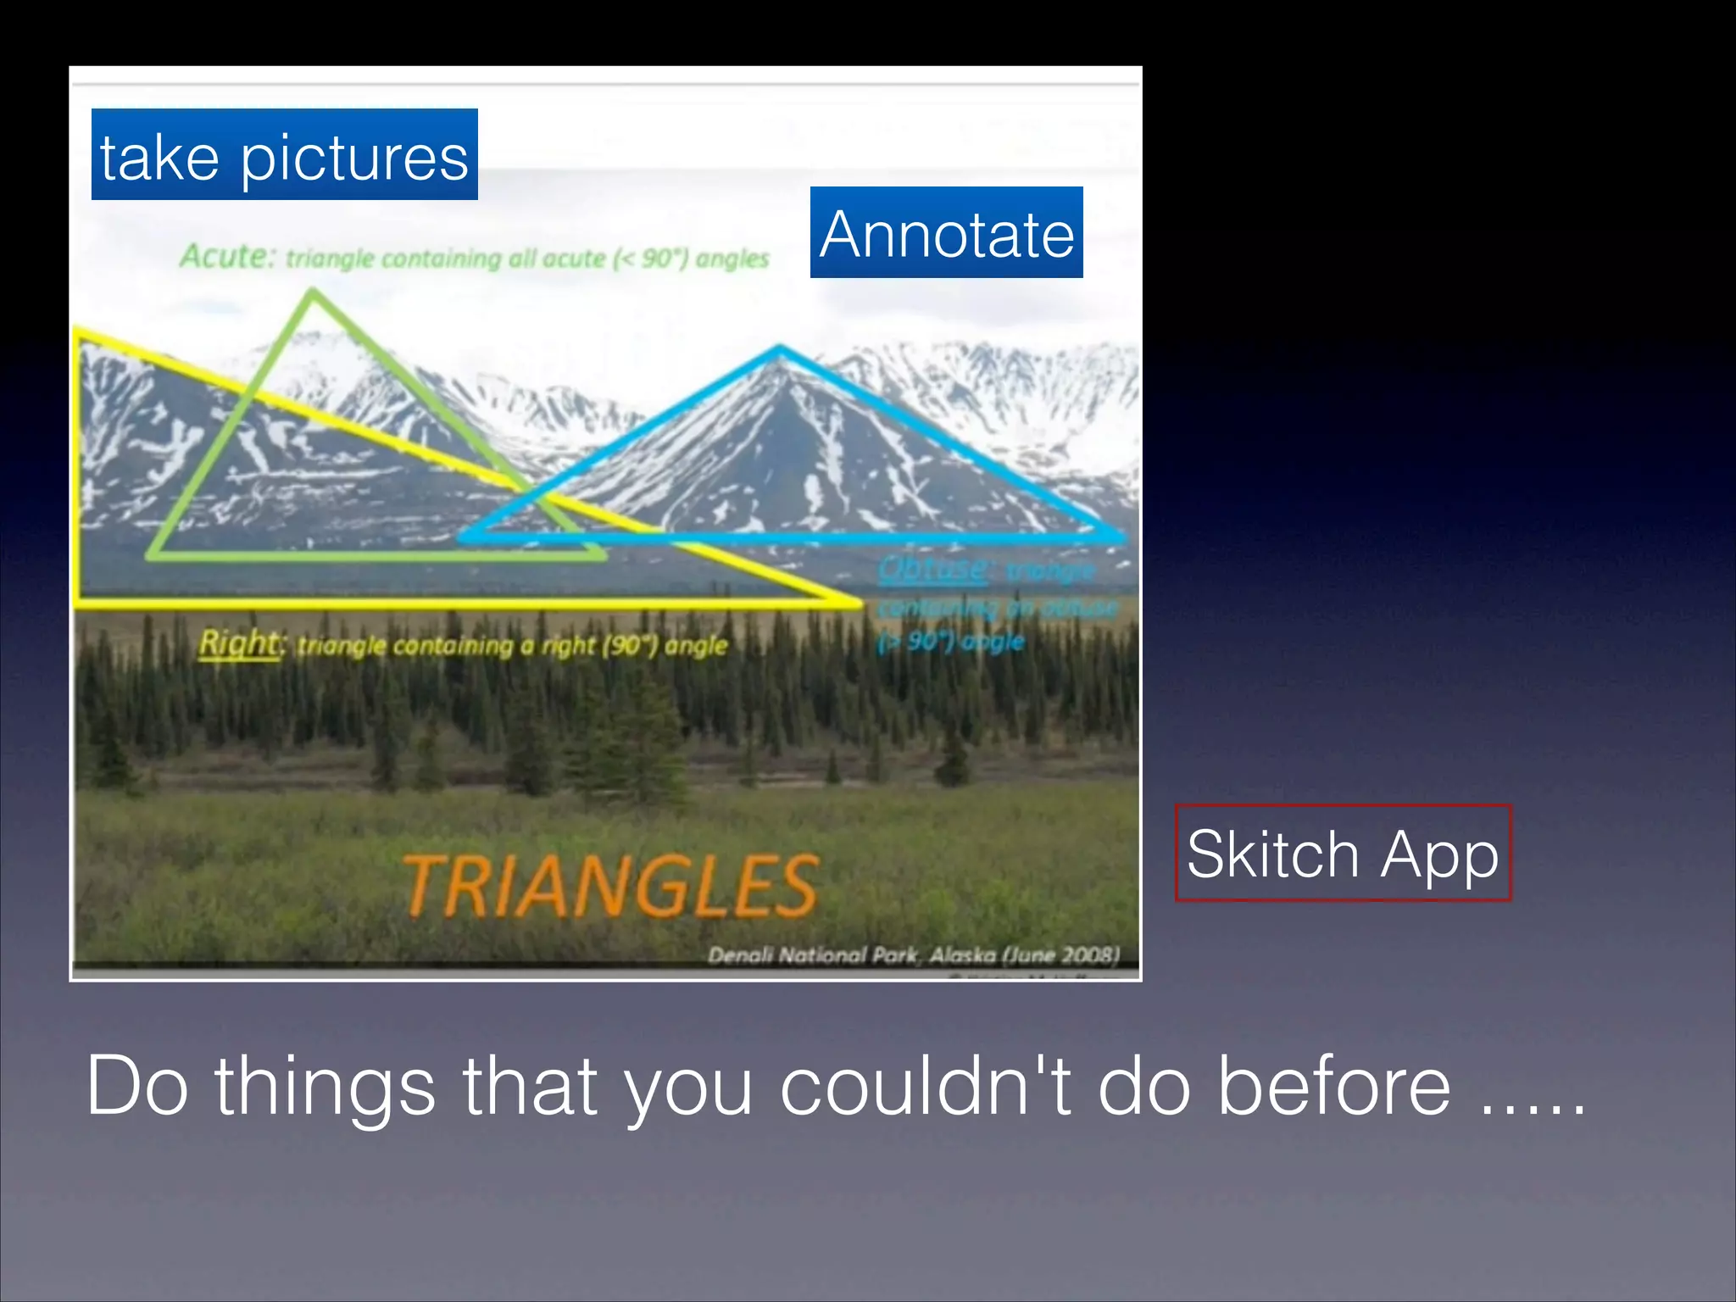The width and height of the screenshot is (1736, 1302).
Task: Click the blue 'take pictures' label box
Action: coord(284,154)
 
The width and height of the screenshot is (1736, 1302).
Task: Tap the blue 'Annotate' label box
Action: coord(946,232)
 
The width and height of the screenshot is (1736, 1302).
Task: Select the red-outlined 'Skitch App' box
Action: coord(1343,853)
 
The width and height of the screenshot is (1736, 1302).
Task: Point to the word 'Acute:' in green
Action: coord(227,256)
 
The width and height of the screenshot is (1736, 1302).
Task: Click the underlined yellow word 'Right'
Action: coord(239,643)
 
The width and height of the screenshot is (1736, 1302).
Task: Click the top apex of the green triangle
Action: coord(314,294)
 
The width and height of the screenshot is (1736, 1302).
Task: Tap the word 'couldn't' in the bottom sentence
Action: coord(929,1086)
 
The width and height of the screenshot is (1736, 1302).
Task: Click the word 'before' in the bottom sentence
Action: coord(1334,1086)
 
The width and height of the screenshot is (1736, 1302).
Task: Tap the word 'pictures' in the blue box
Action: coord(354,159)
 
